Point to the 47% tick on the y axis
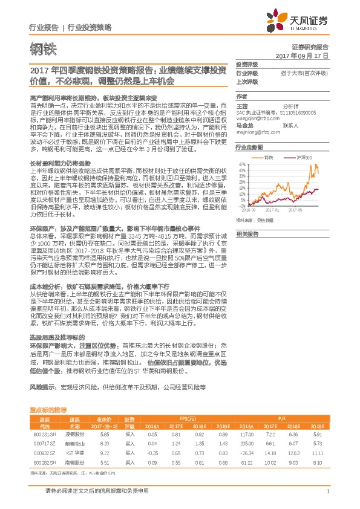pyautogui.click(x=242, y=164)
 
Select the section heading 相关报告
pyautogui.click(x=247, y=234)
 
